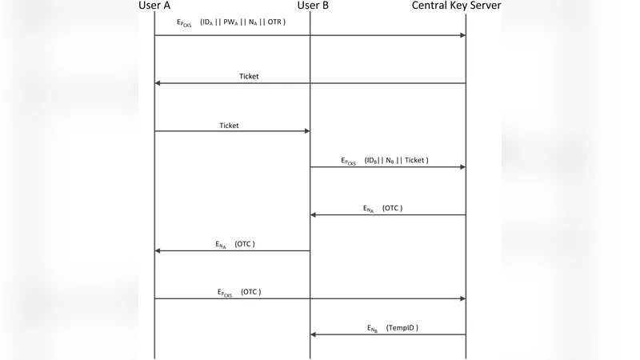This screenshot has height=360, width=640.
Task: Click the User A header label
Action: (156, 6)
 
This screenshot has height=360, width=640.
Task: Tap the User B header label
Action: (313, 6)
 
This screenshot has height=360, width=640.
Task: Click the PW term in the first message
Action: (229, 22)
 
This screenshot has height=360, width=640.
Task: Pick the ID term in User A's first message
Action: (206, 22)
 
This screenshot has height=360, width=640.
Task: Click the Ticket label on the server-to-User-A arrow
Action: (249, 77)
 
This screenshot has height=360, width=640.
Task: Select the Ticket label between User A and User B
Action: (229, 126)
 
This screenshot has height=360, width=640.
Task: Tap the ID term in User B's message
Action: (372, 161)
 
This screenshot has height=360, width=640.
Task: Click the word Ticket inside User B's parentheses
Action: (414, 160)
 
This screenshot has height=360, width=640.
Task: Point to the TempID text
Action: (402, 328)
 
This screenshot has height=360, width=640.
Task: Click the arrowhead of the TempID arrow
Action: (313, 335)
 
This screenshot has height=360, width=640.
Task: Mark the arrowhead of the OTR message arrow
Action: (463, 35)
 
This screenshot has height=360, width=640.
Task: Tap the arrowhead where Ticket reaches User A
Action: (158, 83)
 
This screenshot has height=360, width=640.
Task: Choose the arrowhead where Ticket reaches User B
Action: (307, 131)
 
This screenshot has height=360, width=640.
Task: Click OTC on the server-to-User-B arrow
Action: (392, 208)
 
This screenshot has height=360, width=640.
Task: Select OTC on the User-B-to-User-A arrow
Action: (245, 243)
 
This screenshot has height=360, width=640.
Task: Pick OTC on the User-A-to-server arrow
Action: (250, 292)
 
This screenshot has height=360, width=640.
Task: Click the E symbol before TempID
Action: (370, 329)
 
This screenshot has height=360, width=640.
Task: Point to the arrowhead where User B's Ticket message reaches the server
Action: (463, 167)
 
